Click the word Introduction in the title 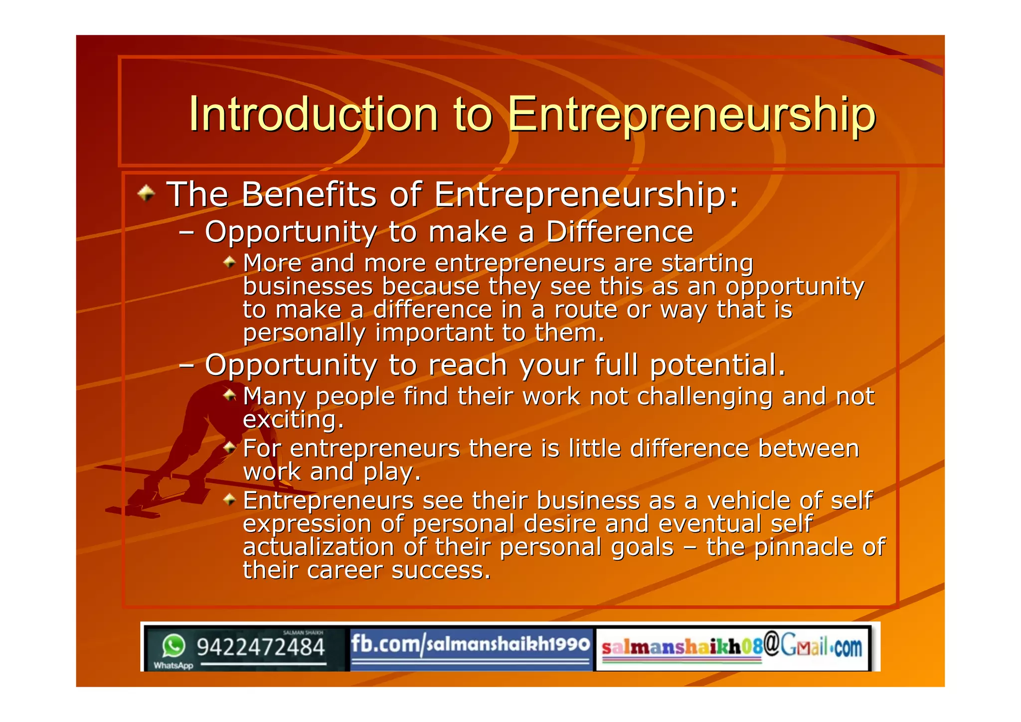tap(313, 114)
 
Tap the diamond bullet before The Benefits tap(146, 193)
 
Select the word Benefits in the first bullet tap(309, 194)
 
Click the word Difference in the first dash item tap(620, 232)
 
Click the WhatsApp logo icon tap(173, 646)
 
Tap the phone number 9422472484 tap(261, 648)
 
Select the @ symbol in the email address tap(771, 644)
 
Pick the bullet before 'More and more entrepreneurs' tap(229, 262)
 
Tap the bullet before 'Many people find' tap(229, 395)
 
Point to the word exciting tap(293, 419)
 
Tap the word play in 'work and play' tap(392, 472)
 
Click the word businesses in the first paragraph tap(308, 286)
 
